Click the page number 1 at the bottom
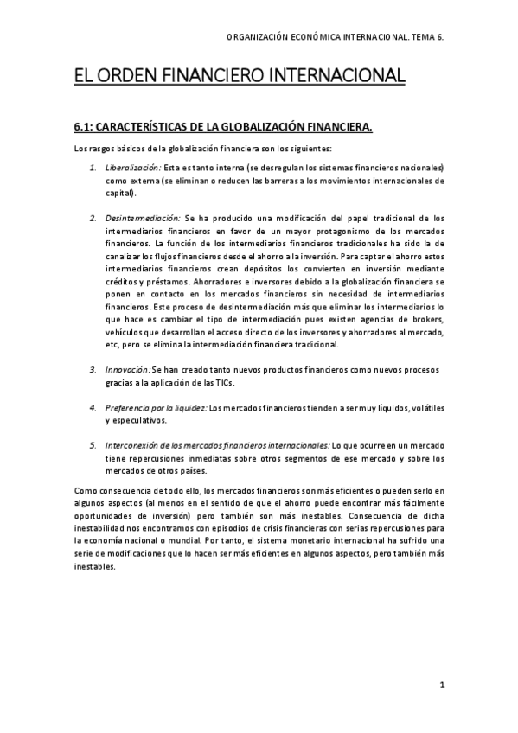pos(441,686)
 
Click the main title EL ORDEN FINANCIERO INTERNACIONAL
pos(240,76)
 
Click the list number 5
pos(93,445)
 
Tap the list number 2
pos(93,218)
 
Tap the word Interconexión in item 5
pos(131,445)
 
